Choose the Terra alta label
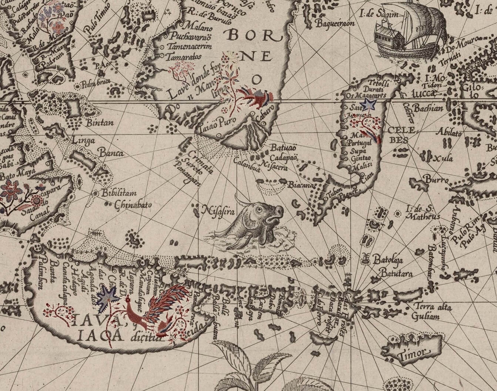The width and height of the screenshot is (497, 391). point(430,307)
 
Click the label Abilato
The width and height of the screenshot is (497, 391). point(449,134)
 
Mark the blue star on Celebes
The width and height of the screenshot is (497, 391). point(369,104)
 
